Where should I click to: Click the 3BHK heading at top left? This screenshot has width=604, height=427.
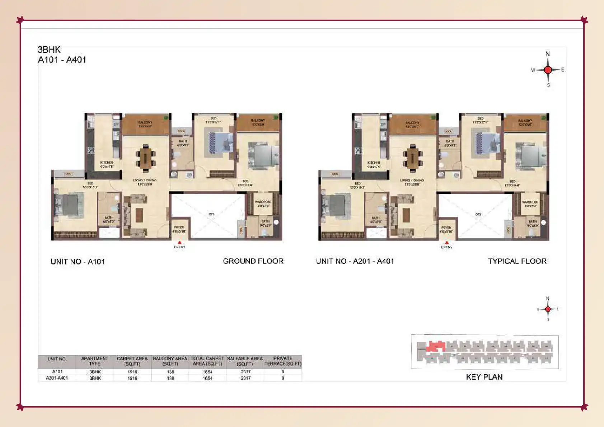[49, 50]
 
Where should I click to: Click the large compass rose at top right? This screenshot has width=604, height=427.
[548, 70]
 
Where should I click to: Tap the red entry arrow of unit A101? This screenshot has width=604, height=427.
[180, 243]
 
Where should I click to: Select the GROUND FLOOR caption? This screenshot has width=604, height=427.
[253, 261]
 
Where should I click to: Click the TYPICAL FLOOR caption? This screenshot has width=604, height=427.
[517, 261]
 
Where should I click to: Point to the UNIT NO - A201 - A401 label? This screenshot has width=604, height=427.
[355, 261]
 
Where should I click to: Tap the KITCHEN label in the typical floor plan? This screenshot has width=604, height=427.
[374, 163]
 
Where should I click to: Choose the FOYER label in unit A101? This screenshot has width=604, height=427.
[179, 227]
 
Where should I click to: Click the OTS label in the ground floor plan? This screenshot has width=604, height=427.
[211, 214]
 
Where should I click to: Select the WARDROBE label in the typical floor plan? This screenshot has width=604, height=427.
[530, 202]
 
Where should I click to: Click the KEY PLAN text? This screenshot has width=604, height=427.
[484, 377]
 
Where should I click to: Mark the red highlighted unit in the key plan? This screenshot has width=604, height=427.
[435, 347]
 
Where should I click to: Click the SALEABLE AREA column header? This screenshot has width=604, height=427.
[245, 361]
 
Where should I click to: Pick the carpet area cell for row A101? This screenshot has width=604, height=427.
[132, 372]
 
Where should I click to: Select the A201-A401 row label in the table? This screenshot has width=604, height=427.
[57, 378]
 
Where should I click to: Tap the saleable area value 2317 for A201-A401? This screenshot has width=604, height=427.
[245, 378]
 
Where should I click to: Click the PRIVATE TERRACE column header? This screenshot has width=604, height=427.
[283, 361]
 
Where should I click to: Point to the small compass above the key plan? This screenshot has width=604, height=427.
[548, 309]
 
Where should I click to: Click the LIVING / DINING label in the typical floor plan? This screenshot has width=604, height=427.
[412, 180]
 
